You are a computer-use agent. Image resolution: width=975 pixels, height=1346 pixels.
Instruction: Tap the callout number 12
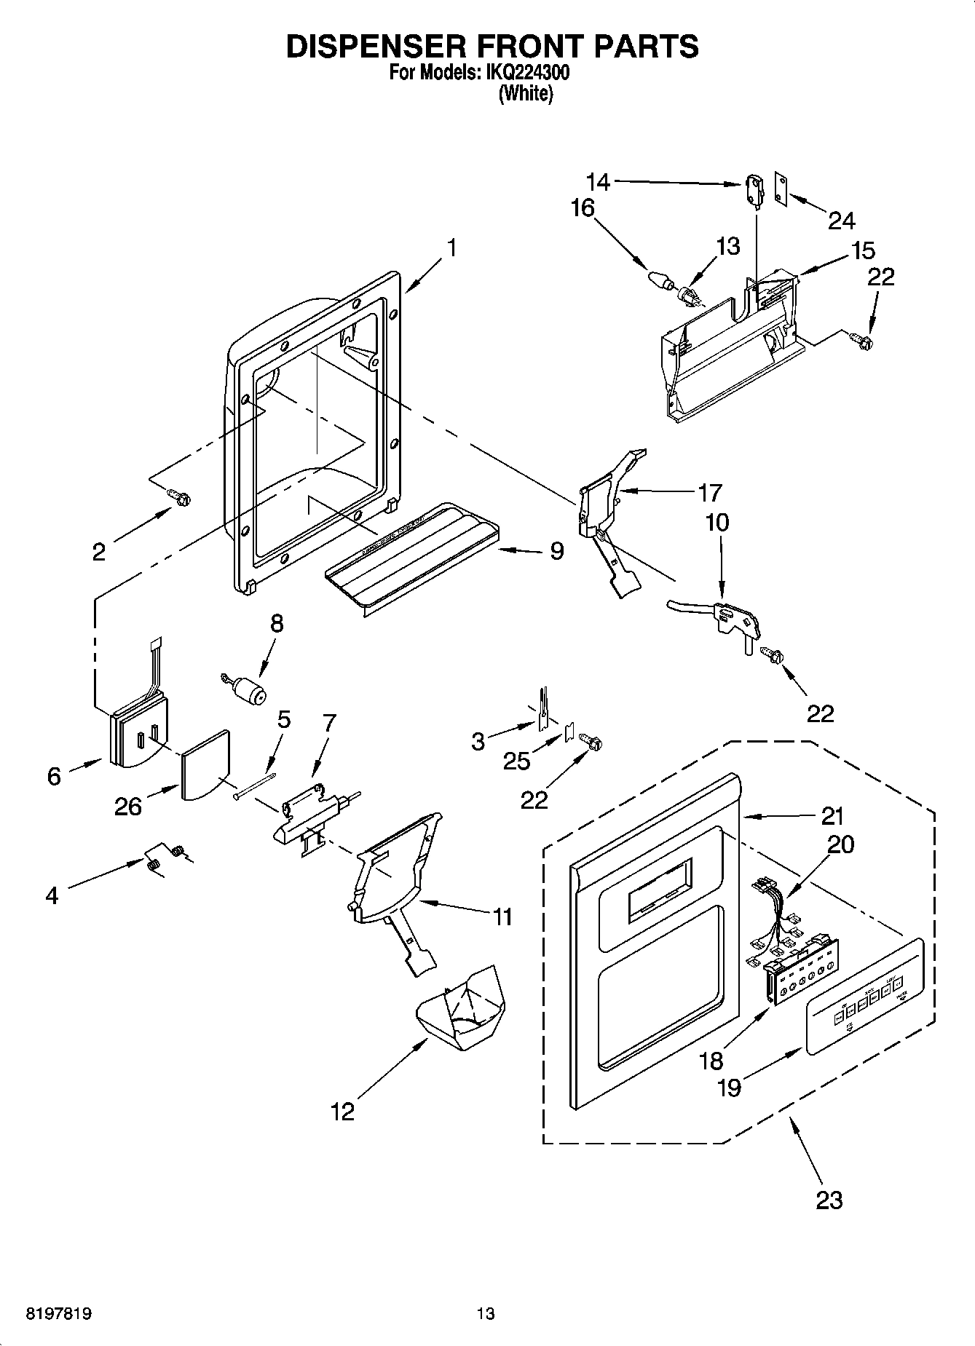(342, 1112)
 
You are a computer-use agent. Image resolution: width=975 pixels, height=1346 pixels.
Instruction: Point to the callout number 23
(829, 1200)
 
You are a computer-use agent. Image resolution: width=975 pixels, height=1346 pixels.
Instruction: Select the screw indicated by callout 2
(179, 497)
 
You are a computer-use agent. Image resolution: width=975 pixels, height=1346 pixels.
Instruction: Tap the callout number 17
(709, 493)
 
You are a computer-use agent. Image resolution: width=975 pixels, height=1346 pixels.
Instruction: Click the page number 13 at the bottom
(486, 1314)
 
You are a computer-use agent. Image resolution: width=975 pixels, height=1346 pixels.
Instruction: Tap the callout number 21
(832, 816)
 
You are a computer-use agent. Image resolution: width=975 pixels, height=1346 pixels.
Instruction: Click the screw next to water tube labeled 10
(771, 654)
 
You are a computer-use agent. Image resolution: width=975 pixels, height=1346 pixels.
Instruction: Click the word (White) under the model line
(525, 94)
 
